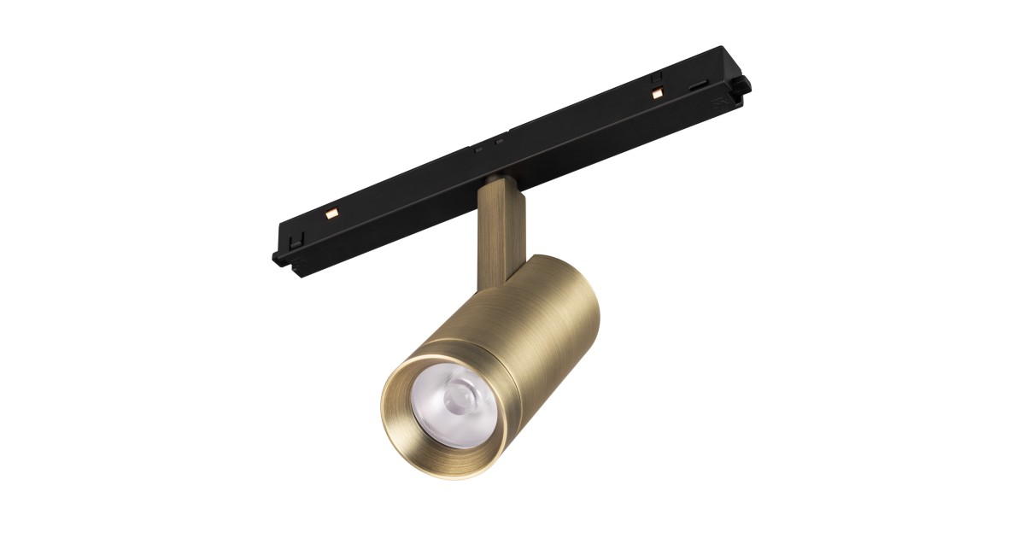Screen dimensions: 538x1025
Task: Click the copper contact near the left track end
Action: [x=333, y=209]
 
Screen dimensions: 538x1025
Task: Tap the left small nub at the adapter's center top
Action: [x=479, y=148]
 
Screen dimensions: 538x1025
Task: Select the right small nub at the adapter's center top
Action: [x=496, y=142]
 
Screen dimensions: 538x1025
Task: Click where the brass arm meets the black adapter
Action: [x=496, y=180]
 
